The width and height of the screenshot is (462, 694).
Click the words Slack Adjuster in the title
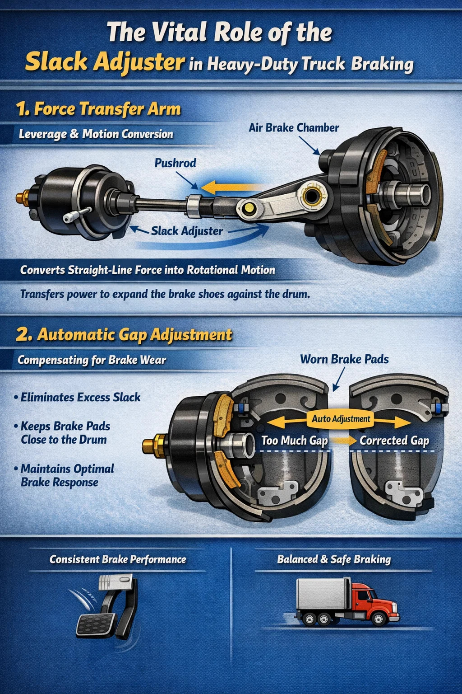(x=105, y=62)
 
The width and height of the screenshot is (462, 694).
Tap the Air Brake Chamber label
(x=294, y=128)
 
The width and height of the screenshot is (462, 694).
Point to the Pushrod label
(x=175, y=163)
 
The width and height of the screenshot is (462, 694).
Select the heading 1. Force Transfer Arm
(x=98, y=109)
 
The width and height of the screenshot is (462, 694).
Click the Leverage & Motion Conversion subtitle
(x=96, y=134)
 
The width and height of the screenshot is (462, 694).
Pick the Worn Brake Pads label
(x=344, y=359)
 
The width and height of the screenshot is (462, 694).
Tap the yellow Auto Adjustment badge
(x=341, y=419)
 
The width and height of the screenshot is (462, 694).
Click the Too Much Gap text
(x=295, y=440)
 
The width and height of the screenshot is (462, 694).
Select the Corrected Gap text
(x=394, y=440)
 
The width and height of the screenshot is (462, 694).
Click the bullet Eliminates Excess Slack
(x=77, y=397)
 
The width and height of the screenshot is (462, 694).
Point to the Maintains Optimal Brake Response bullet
(x=65, y=475)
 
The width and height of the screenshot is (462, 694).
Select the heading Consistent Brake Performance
(x=118, y=559)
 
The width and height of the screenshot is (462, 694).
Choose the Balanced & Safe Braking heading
(x=334, y=559)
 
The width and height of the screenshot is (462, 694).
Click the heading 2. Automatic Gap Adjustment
(x=124, y=335)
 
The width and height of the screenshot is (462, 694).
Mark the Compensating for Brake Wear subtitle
(x=92, y=360)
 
